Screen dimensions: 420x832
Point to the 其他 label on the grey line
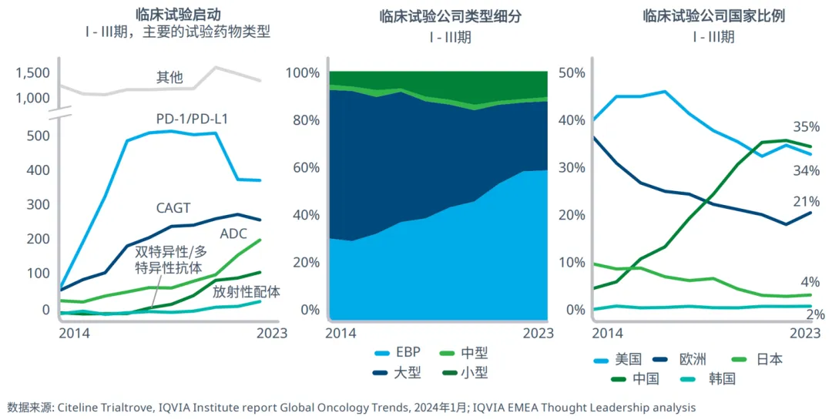point(169,77)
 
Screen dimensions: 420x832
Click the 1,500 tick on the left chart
point(32,73)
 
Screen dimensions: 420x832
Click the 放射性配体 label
point(247,291)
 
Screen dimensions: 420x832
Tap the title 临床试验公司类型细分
point(439,17)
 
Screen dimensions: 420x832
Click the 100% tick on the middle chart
point(303,73)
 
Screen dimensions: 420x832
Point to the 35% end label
point(807,127)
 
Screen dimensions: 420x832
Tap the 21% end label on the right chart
point(807,202)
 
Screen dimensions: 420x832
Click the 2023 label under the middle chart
point(538,333)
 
